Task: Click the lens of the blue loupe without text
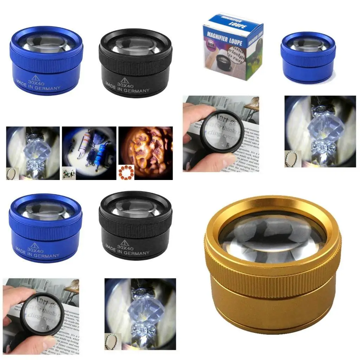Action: [x=308, y=44]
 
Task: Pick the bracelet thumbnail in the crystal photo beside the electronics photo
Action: [x=12, y=173]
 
